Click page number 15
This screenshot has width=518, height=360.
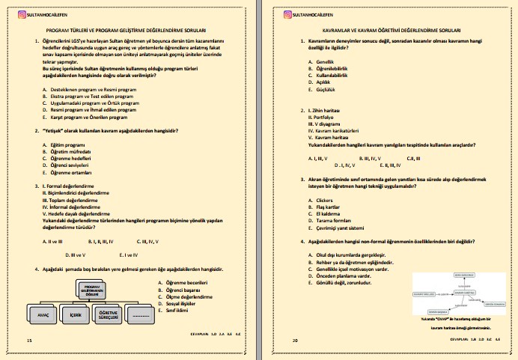tap(29, 341)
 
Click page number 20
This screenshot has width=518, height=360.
tap(296, 341)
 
